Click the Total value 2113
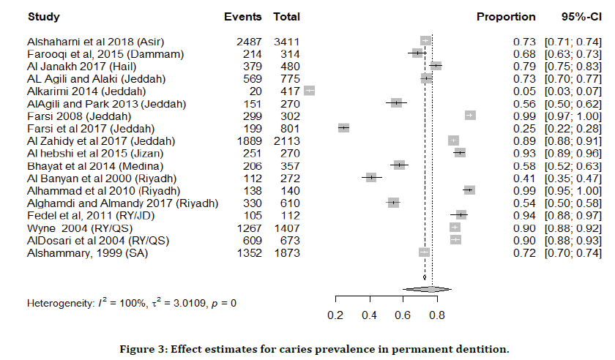(285, 140)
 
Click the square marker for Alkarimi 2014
(310, 91)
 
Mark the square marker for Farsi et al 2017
(343, 128)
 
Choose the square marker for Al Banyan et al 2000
(371, 178)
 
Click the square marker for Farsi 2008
(470, 116)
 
